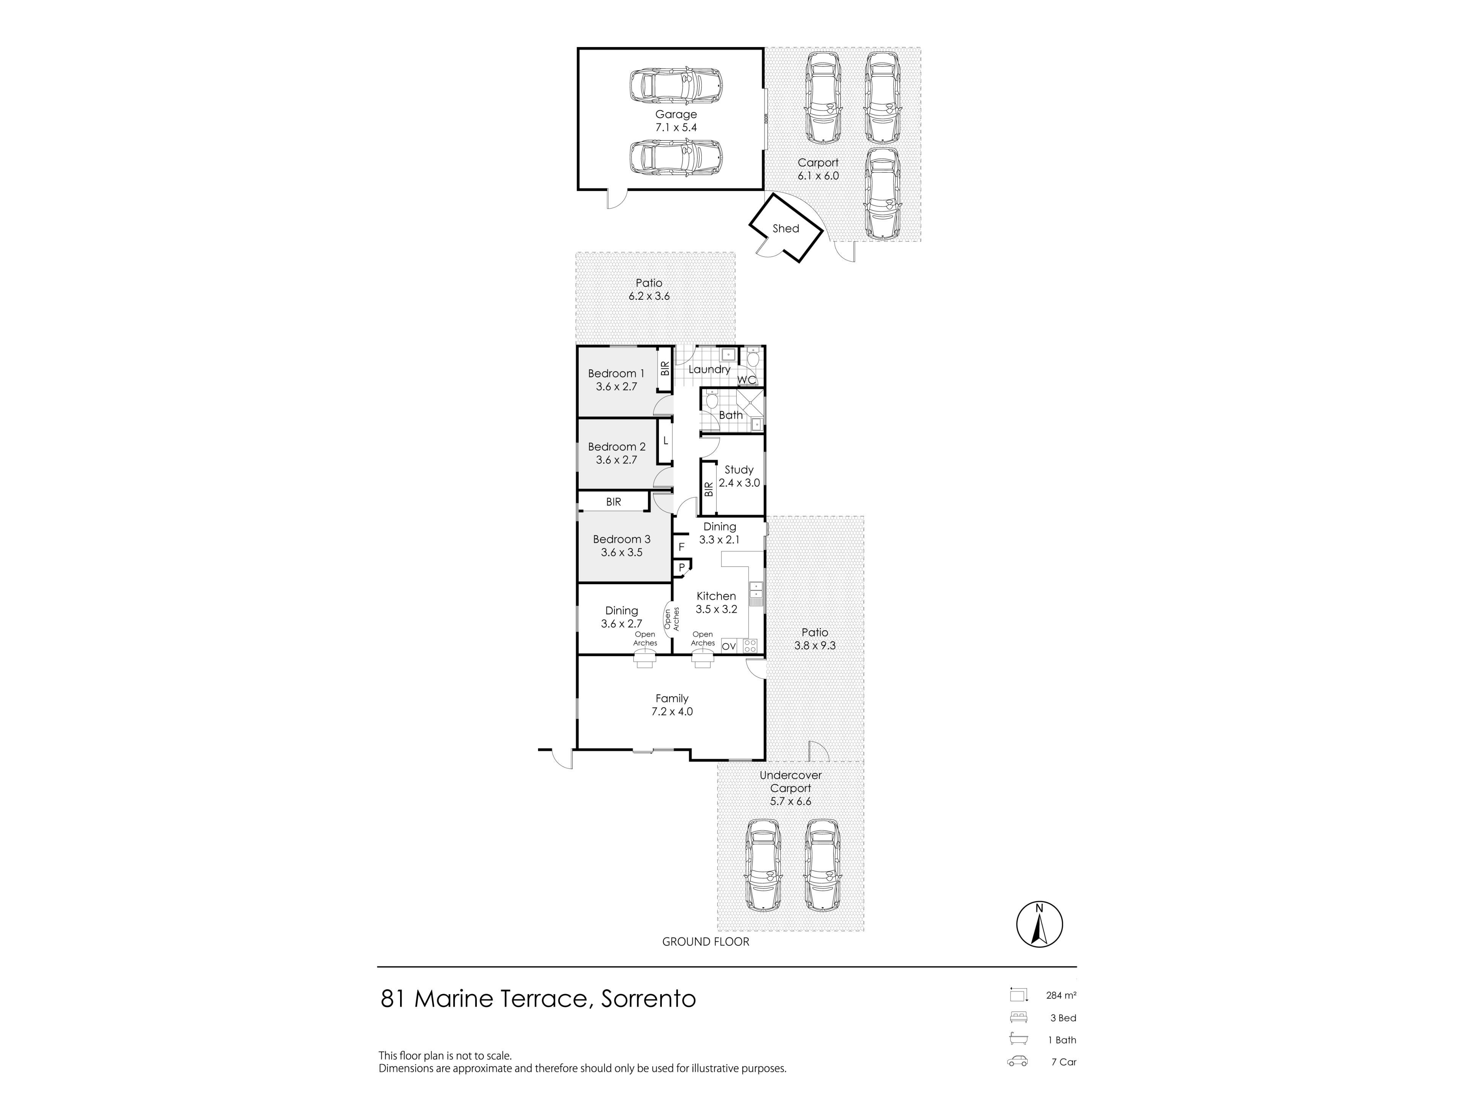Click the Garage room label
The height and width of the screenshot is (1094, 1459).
pos(676,114)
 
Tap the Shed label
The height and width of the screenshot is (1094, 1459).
pos(786,228)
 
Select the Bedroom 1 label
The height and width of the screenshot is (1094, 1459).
pos(616,373)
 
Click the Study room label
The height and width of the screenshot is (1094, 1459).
pos(739,470)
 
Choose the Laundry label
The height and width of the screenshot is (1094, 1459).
pos(709,369)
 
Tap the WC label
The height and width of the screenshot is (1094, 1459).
pos(747,380)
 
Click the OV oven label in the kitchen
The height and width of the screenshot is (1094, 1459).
pos(728,646)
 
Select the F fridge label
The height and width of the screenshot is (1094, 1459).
pos(681,547)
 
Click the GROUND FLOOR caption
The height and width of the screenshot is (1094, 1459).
pos(706,942)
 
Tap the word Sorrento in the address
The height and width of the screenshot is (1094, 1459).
pos(648,998)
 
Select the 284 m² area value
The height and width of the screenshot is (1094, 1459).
pos(1061,995)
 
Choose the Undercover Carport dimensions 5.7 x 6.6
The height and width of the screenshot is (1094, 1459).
pos(790,801)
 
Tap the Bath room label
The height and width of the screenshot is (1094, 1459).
pos(731,415)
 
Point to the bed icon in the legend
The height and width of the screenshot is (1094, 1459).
pos(1018,1017)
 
